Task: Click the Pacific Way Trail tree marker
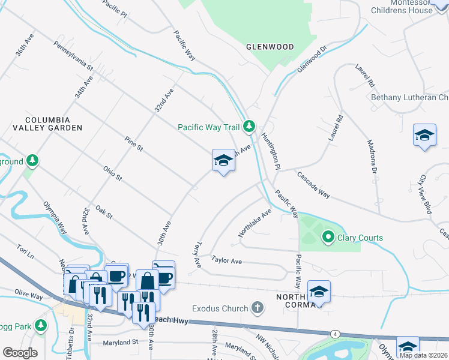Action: (250, 127)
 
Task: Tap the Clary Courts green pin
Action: (328, 238)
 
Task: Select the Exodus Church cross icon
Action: (257, 308)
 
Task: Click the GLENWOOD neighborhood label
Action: (270, 47)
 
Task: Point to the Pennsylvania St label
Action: (73, 56)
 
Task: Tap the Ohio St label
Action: (112, 174)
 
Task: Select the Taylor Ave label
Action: (226, 261)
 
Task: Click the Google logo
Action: (20, 353)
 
